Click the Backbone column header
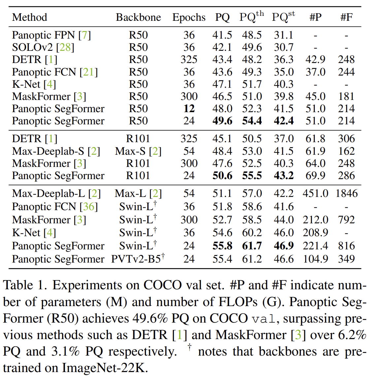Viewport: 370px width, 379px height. (138, 17)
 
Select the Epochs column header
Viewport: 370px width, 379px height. (189, 17)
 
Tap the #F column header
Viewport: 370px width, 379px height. (346, 17)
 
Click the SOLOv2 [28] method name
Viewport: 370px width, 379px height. (43, 47)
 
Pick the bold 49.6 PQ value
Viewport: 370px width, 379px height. (222, 121)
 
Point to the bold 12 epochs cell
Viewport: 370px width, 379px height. (189, 109)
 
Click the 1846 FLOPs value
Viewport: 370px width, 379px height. (346, 193)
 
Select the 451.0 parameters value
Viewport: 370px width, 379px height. (315, 193)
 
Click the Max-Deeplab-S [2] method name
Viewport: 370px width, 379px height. (56, 151)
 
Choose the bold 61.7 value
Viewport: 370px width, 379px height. (252, 246)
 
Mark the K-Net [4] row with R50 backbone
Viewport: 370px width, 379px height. (34, 84)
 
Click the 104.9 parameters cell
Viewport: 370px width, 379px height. (315, 259)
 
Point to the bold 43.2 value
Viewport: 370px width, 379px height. (284, 175)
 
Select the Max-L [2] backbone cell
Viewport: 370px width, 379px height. (138, 193)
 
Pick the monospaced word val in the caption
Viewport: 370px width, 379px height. (263, 319)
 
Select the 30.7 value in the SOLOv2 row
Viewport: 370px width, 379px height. (284, 47)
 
